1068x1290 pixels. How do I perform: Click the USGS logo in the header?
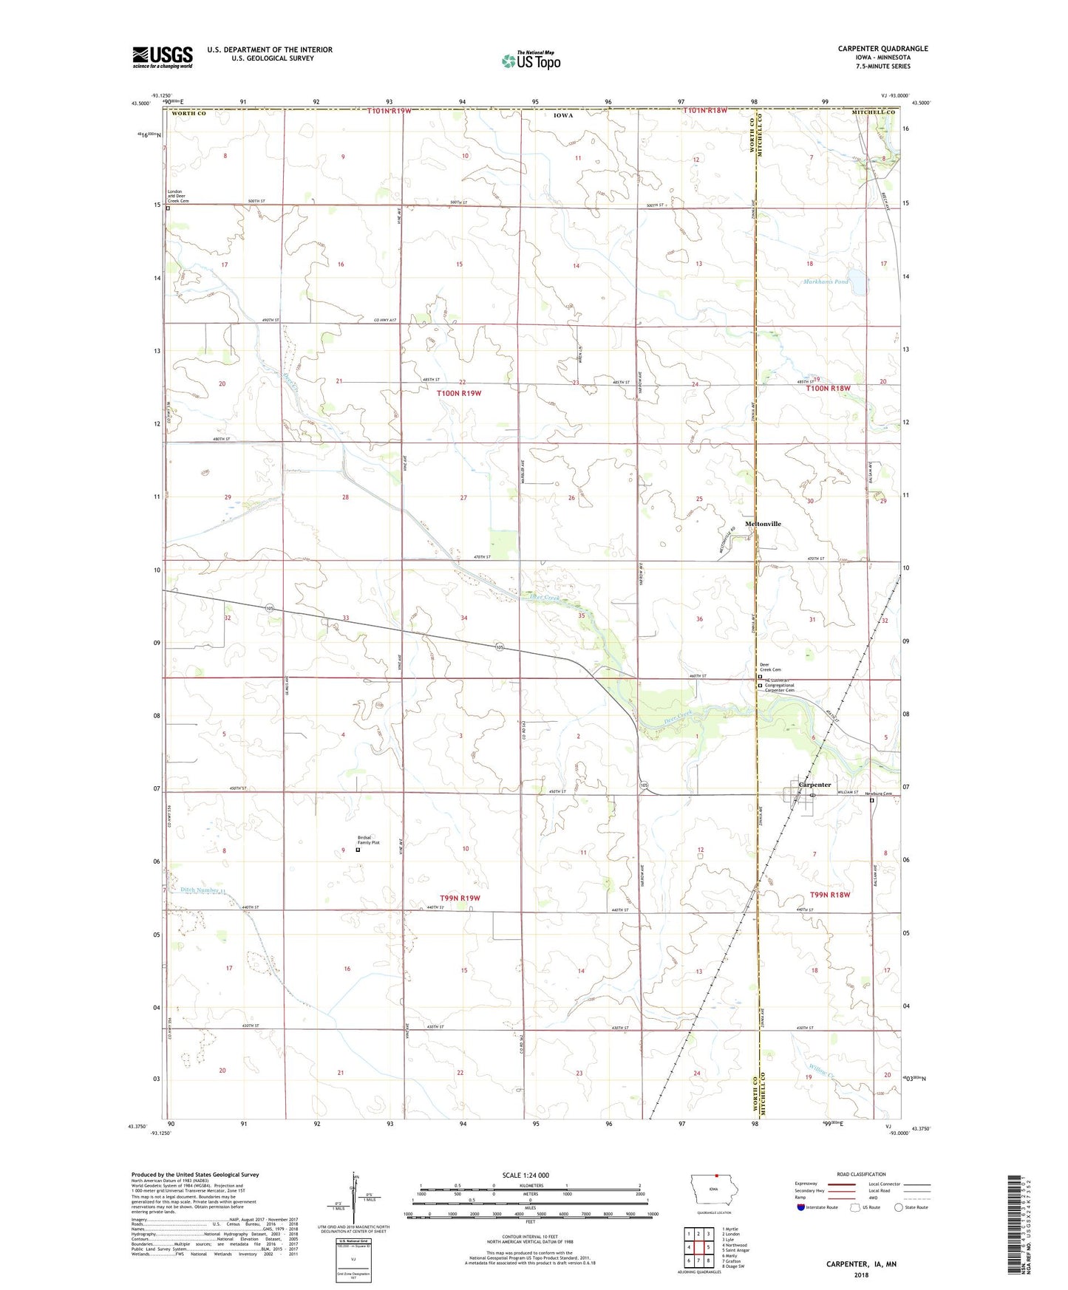163,57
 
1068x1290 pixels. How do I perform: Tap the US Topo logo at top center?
530,61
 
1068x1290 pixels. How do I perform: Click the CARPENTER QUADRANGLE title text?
882,49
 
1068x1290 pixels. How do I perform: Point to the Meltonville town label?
763,524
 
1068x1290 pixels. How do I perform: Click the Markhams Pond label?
826,281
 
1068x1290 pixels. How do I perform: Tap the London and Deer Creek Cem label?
178,196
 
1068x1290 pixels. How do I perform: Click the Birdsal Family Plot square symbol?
358,850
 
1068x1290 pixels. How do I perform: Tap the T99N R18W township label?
830,895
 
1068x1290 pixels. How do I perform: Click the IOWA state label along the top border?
563,115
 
